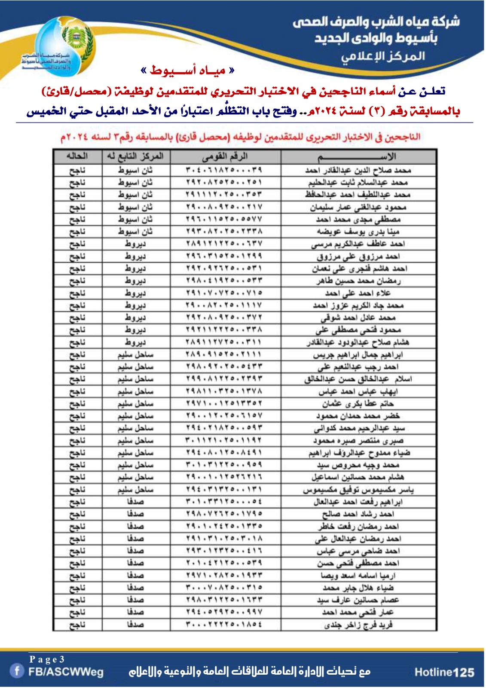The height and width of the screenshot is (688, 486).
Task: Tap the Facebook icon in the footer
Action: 17,671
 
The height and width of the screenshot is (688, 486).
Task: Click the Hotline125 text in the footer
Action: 444,673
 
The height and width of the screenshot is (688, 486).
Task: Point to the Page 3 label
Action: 47,659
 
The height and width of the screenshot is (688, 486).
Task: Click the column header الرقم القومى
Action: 225,157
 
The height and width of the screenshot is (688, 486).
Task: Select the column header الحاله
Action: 77,157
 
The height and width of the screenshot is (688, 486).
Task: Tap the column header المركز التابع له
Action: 135,157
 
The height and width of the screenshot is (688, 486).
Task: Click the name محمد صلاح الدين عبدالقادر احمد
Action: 358,170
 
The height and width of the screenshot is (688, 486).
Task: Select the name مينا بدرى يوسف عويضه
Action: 358,232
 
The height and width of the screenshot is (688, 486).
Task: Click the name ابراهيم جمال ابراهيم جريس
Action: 358,355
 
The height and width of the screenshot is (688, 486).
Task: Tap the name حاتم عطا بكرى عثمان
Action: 358,404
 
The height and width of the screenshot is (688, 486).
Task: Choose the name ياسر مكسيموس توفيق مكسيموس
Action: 358,490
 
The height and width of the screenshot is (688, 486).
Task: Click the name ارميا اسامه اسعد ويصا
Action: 358,576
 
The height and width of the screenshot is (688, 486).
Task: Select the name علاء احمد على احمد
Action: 358,293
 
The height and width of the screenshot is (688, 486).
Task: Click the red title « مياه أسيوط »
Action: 188,71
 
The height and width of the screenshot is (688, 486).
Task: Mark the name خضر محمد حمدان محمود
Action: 358,416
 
